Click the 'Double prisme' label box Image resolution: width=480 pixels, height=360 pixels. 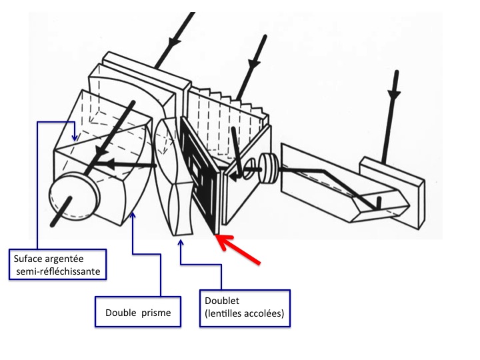[x=138, y=312]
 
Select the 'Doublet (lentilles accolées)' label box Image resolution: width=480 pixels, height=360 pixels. [x=245, y=308]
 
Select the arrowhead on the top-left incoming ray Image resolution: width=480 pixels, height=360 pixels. [x=175, y=41]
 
